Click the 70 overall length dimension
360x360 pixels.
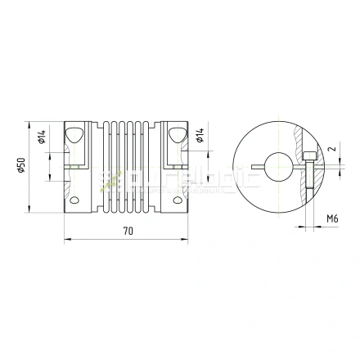(128, 232)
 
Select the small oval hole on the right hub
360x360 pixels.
(178, 199)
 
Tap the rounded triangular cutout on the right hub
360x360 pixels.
(178, 135)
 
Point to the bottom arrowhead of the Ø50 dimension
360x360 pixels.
(29, 210)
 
